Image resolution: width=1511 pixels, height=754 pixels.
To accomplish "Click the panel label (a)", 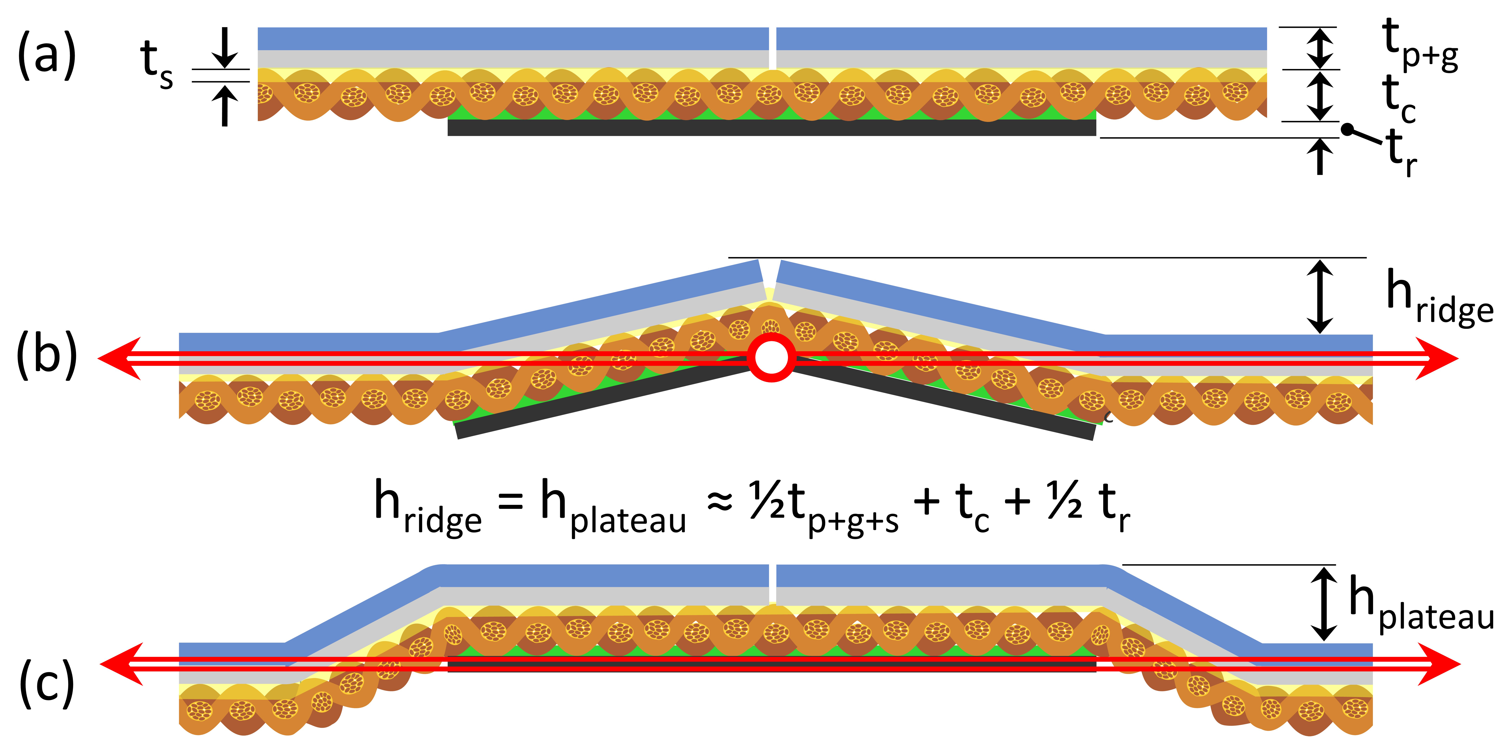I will coord(47,56).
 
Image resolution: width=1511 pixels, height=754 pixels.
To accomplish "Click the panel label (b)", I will coord(47,355).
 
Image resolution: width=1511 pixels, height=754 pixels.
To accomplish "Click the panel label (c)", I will coord(47,683).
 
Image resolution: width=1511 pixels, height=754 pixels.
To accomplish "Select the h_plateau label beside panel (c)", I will coord(1420,604).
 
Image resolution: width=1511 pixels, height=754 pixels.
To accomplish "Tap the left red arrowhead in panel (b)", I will coord(120,358).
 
